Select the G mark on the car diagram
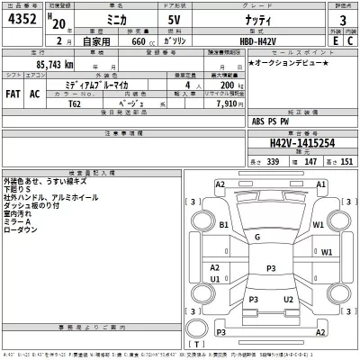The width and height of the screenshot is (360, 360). point(257,237)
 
